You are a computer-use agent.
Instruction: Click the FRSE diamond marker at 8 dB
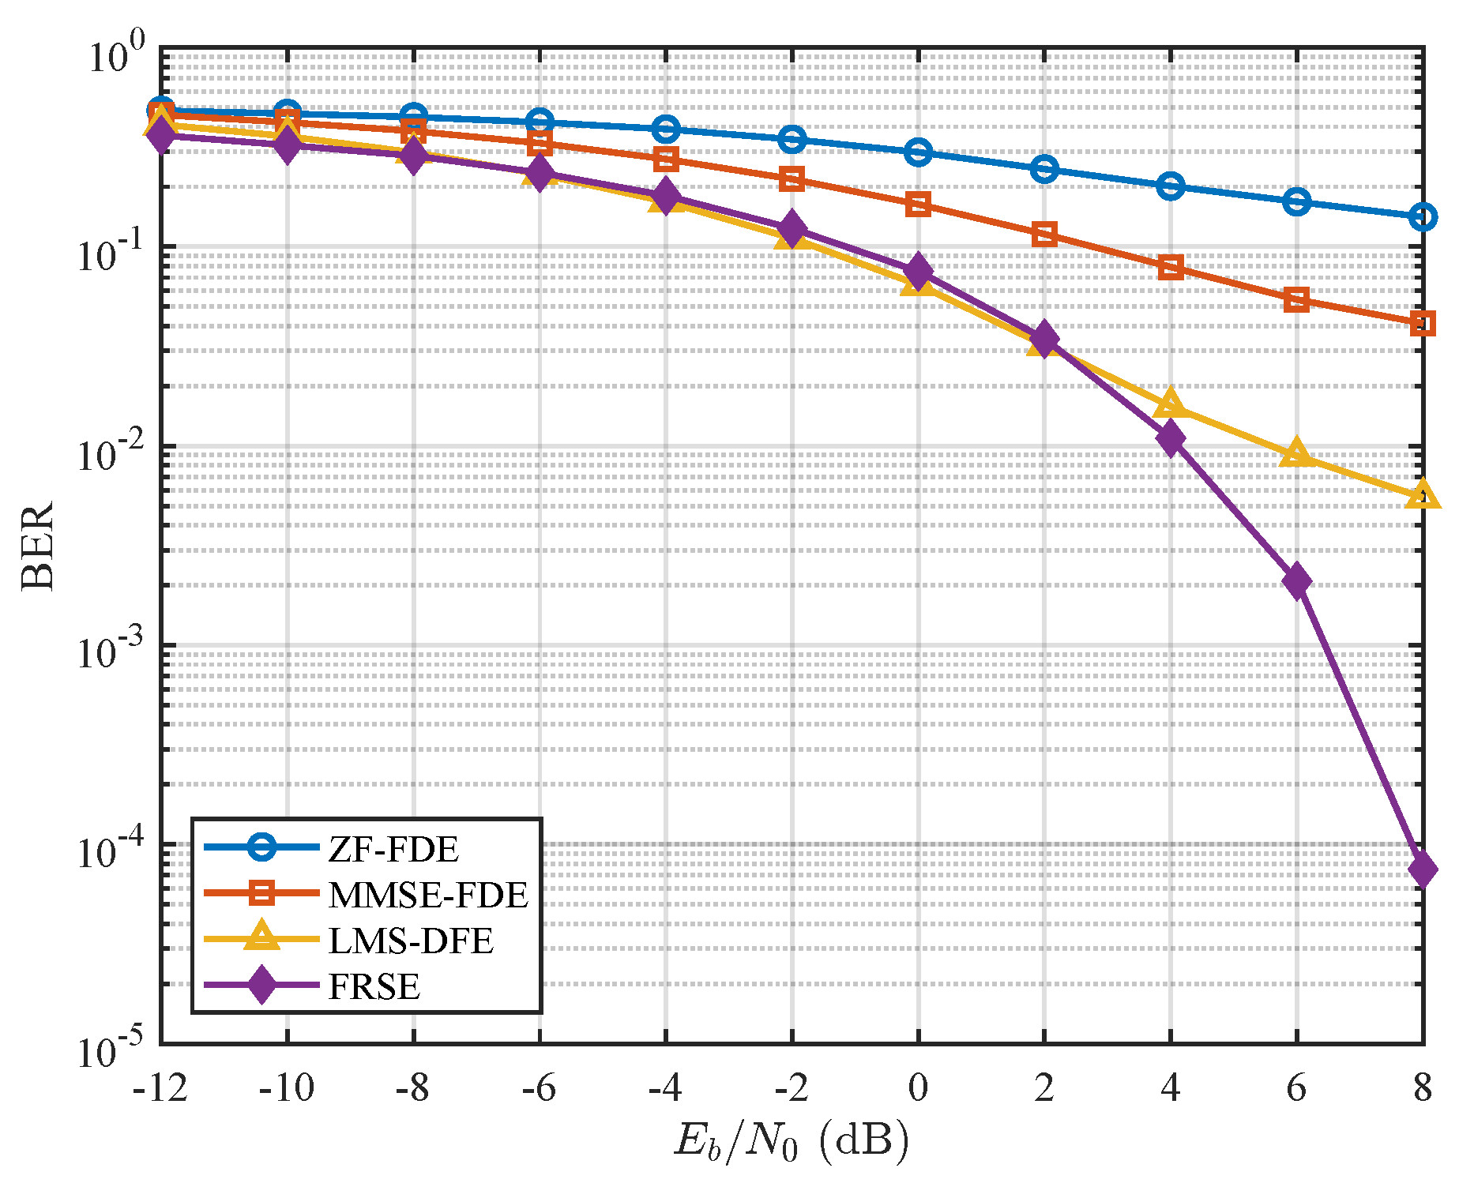(1422, 869)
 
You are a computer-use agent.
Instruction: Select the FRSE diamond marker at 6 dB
(1296, 581)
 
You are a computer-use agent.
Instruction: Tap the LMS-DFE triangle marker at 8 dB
(1422, 496)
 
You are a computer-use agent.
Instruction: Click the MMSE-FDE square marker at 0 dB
(917, 204)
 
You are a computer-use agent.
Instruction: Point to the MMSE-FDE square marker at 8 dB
(1422, 323)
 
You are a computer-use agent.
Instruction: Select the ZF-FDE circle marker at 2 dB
(1044, 168)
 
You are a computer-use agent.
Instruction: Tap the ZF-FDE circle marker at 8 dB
(1422, 217)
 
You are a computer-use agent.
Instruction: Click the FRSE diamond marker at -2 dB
(792, 229)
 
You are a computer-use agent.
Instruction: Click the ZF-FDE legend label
(393, 850)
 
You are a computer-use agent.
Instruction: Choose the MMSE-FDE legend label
(427, 895)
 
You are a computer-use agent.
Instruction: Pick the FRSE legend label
(374, 986)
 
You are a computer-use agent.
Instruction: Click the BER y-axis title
(38, 545)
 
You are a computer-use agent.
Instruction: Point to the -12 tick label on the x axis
(160, 1088)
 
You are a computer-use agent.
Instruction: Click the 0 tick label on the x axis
(917, 1088)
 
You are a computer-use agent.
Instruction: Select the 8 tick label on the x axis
(1422, 1088)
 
